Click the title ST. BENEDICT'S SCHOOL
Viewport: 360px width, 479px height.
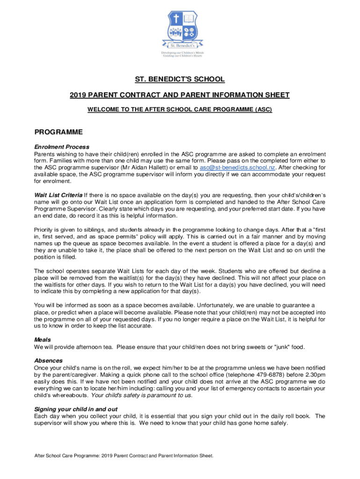point(180,80)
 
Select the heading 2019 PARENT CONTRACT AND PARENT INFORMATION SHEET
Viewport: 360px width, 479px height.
point(180,95)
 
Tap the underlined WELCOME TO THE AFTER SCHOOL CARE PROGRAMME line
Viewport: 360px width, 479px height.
point(180,110)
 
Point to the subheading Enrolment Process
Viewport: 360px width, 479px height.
point(62,147)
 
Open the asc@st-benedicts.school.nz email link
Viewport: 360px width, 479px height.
point(238,167)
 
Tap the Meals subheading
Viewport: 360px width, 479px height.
point(43,340)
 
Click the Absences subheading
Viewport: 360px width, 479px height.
point(48,361)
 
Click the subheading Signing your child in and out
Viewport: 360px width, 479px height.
point(76,409)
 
